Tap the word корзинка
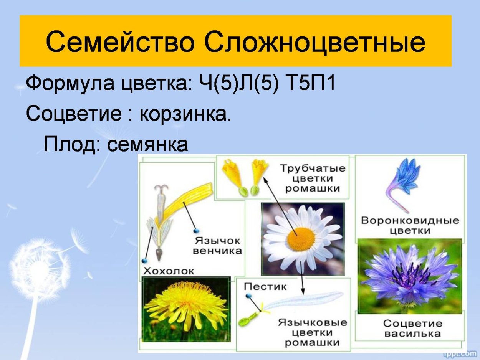click(x=185, y=114)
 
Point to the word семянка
click(x=147, y=144)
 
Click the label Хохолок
click(x=169, y=271)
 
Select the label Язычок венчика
click(x=217, y=246)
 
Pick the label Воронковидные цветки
click(x=410, y=225)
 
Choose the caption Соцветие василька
click(x=413, y=328)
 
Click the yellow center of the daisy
click(x=301, y=239)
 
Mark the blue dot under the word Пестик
click(x=248, y=296)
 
